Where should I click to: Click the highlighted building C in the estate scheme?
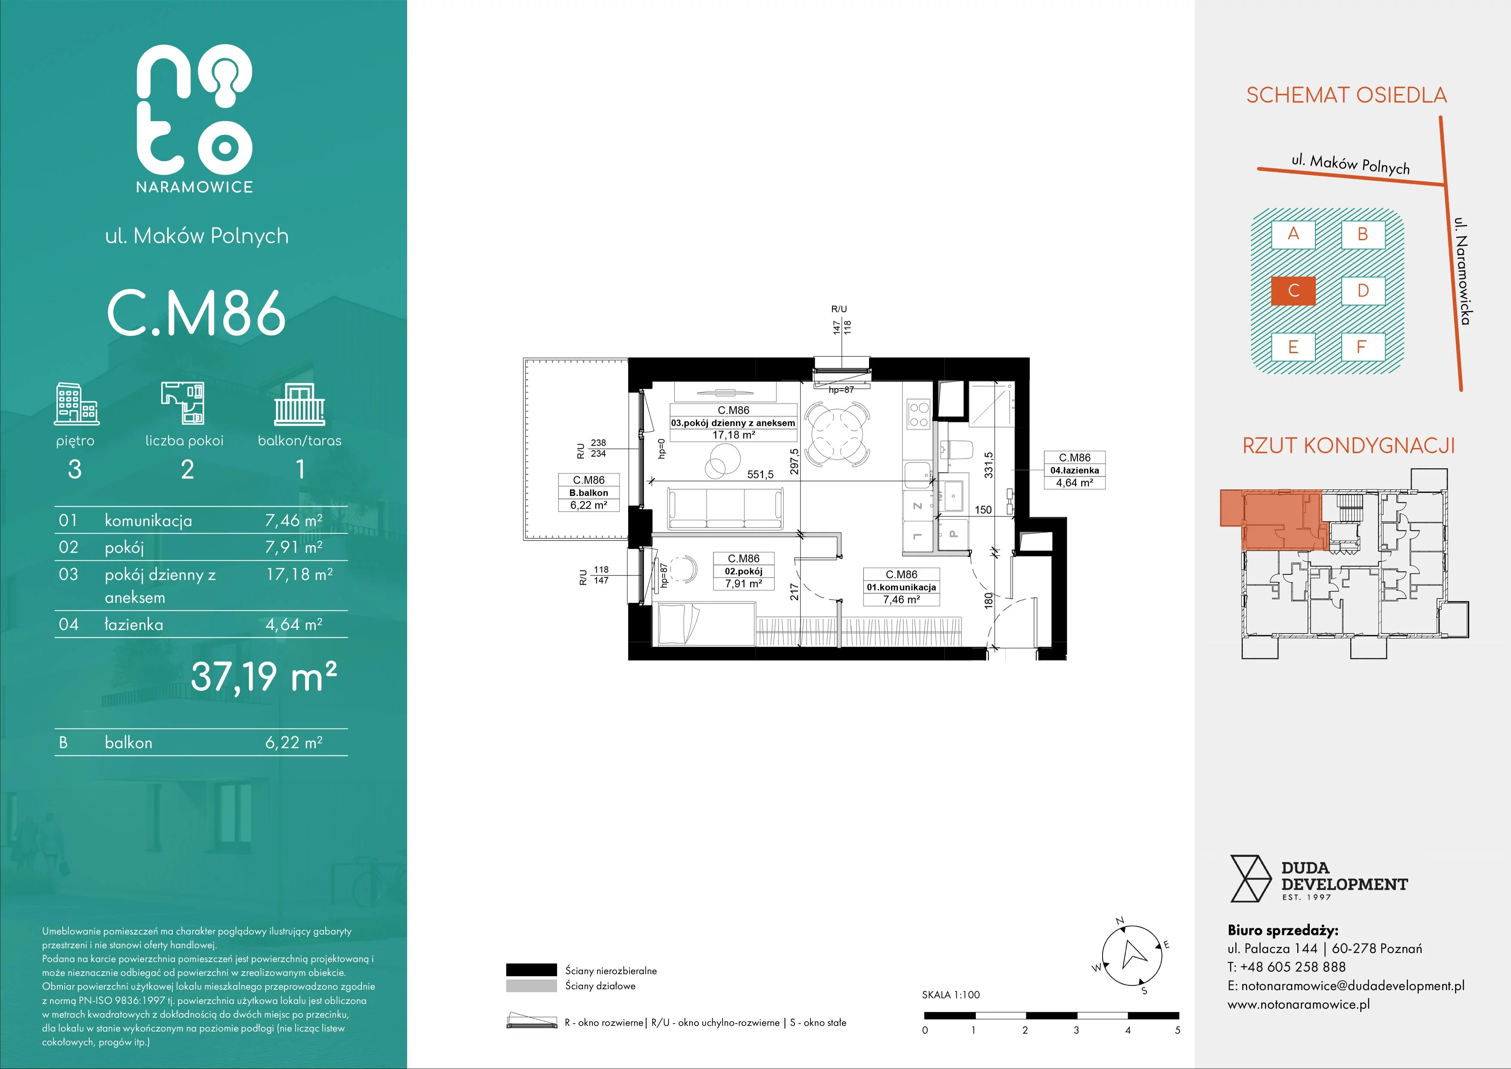[1293, 290]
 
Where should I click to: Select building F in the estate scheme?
[1363, 347]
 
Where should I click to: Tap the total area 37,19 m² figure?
[264, 677]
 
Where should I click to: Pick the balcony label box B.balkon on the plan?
[589, 492]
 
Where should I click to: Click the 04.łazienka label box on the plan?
[1075, 470]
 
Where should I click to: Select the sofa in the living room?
[725, 508]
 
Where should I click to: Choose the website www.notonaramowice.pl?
[1299, 1004]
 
